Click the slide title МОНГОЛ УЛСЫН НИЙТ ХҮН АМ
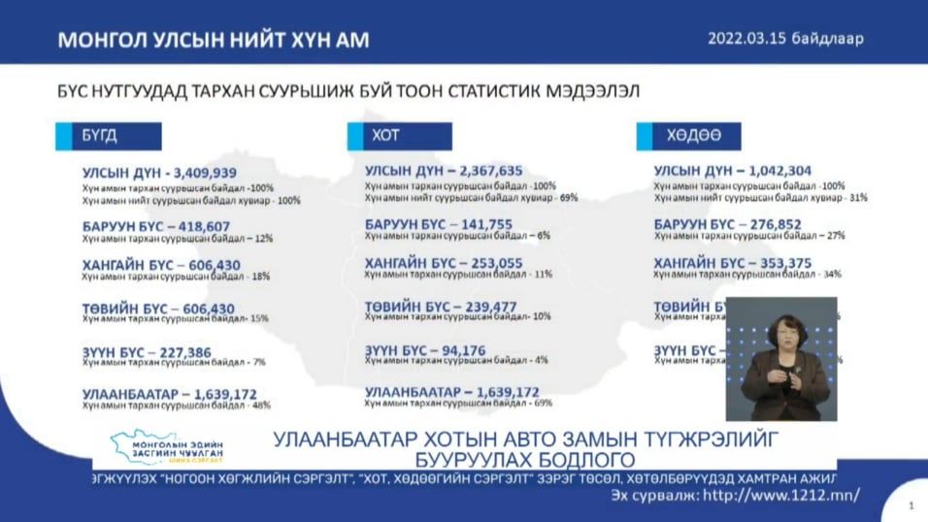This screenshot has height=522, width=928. (214, 41)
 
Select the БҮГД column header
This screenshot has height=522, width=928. (108, 137)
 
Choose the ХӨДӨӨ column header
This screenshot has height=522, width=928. (687, 137)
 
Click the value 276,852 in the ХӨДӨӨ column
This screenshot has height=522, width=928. (774, 224)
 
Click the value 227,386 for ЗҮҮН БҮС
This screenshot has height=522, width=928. (201, 351)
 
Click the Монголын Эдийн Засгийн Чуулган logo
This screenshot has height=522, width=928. (168, 448)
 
